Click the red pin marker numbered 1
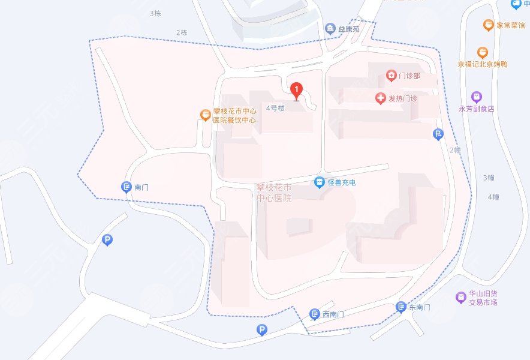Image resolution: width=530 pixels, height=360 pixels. click(x=296, y=91)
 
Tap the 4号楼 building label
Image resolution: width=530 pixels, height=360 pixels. click(x=276, y=109)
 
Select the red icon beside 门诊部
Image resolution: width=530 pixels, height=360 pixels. click(x=392, y=76)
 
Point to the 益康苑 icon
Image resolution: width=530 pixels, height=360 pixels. click(x=330, y=28)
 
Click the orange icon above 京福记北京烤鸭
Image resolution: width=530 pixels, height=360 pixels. click(x=482, y=53)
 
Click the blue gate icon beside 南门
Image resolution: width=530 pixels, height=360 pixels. click(x=126, y=187)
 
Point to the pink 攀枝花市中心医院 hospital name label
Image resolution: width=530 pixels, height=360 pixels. click(x=274, y=193)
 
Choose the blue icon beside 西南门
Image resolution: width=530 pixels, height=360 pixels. click(x=315, y=314)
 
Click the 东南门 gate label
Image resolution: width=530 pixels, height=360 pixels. click(x=420, y=308)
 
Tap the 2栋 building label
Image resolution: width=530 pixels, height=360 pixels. click(x=182, y=32)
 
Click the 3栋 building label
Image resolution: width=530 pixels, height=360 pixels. click(x=156, y=13)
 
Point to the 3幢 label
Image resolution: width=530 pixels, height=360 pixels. click(x=489, y=178)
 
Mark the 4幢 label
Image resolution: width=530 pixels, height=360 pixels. click(x=493, y=197)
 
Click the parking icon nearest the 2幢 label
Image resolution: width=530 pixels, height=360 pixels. click(x=439, y=134)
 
